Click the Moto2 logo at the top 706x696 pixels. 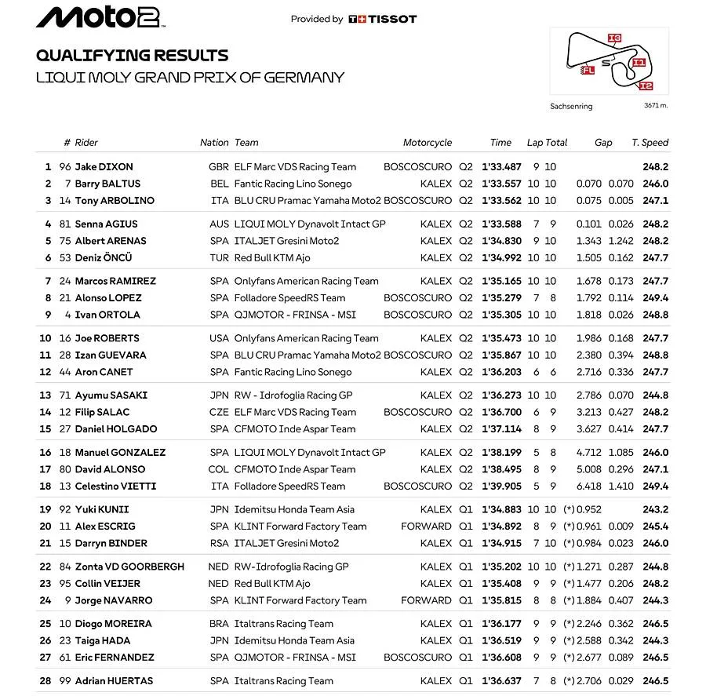(x=100, y=17)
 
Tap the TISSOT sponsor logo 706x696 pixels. (x=383, y=19)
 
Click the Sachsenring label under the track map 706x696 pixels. (x=571, y=106)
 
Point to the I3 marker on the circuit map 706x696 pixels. (x=614, y=38)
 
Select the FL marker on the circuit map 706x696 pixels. (x=588, y=70)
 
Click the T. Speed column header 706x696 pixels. (x=650, y=143)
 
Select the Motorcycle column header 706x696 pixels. (x=428, y=143)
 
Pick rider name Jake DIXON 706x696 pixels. (x=104, y=167)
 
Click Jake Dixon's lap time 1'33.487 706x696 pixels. (x=501, y=167)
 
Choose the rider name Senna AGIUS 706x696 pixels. (x=106, y=224)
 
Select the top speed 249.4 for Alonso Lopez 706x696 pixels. (x=655, y=298)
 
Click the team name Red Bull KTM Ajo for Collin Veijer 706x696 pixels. (x=272, y=584)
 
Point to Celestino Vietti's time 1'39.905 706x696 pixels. (x=501, y=486)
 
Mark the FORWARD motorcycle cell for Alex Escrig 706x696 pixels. (x=426, y=527)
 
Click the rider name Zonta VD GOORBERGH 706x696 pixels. (x=129, y=567)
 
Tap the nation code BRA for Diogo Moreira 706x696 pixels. (x=220, y=624)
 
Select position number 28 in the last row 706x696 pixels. (x=45, y=681)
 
